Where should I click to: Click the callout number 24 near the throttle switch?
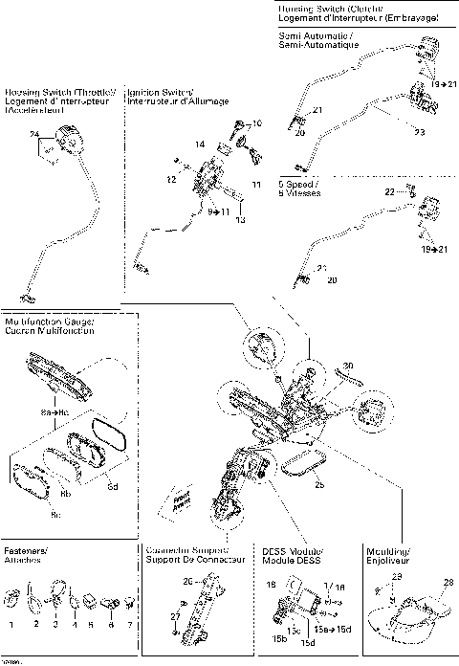34,133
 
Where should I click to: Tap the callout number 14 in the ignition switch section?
199,144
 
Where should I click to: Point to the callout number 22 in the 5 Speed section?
389,192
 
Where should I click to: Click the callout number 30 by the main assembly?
348,365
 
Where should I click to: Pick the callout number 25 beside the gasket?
319,485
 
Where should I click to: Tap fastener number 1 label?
11,623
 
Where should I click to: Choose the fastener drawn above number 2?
36,601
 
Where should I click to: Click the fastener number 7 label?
130,623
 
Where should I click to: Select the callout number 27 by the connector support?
174,615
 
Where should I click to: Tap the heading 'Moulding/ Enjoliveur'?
388,556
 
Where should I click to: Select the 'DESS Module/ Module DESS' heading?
293,556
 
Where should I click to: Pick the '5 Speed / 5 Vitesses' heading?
301,188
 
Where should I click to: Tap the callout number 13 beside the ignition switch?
241,219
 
